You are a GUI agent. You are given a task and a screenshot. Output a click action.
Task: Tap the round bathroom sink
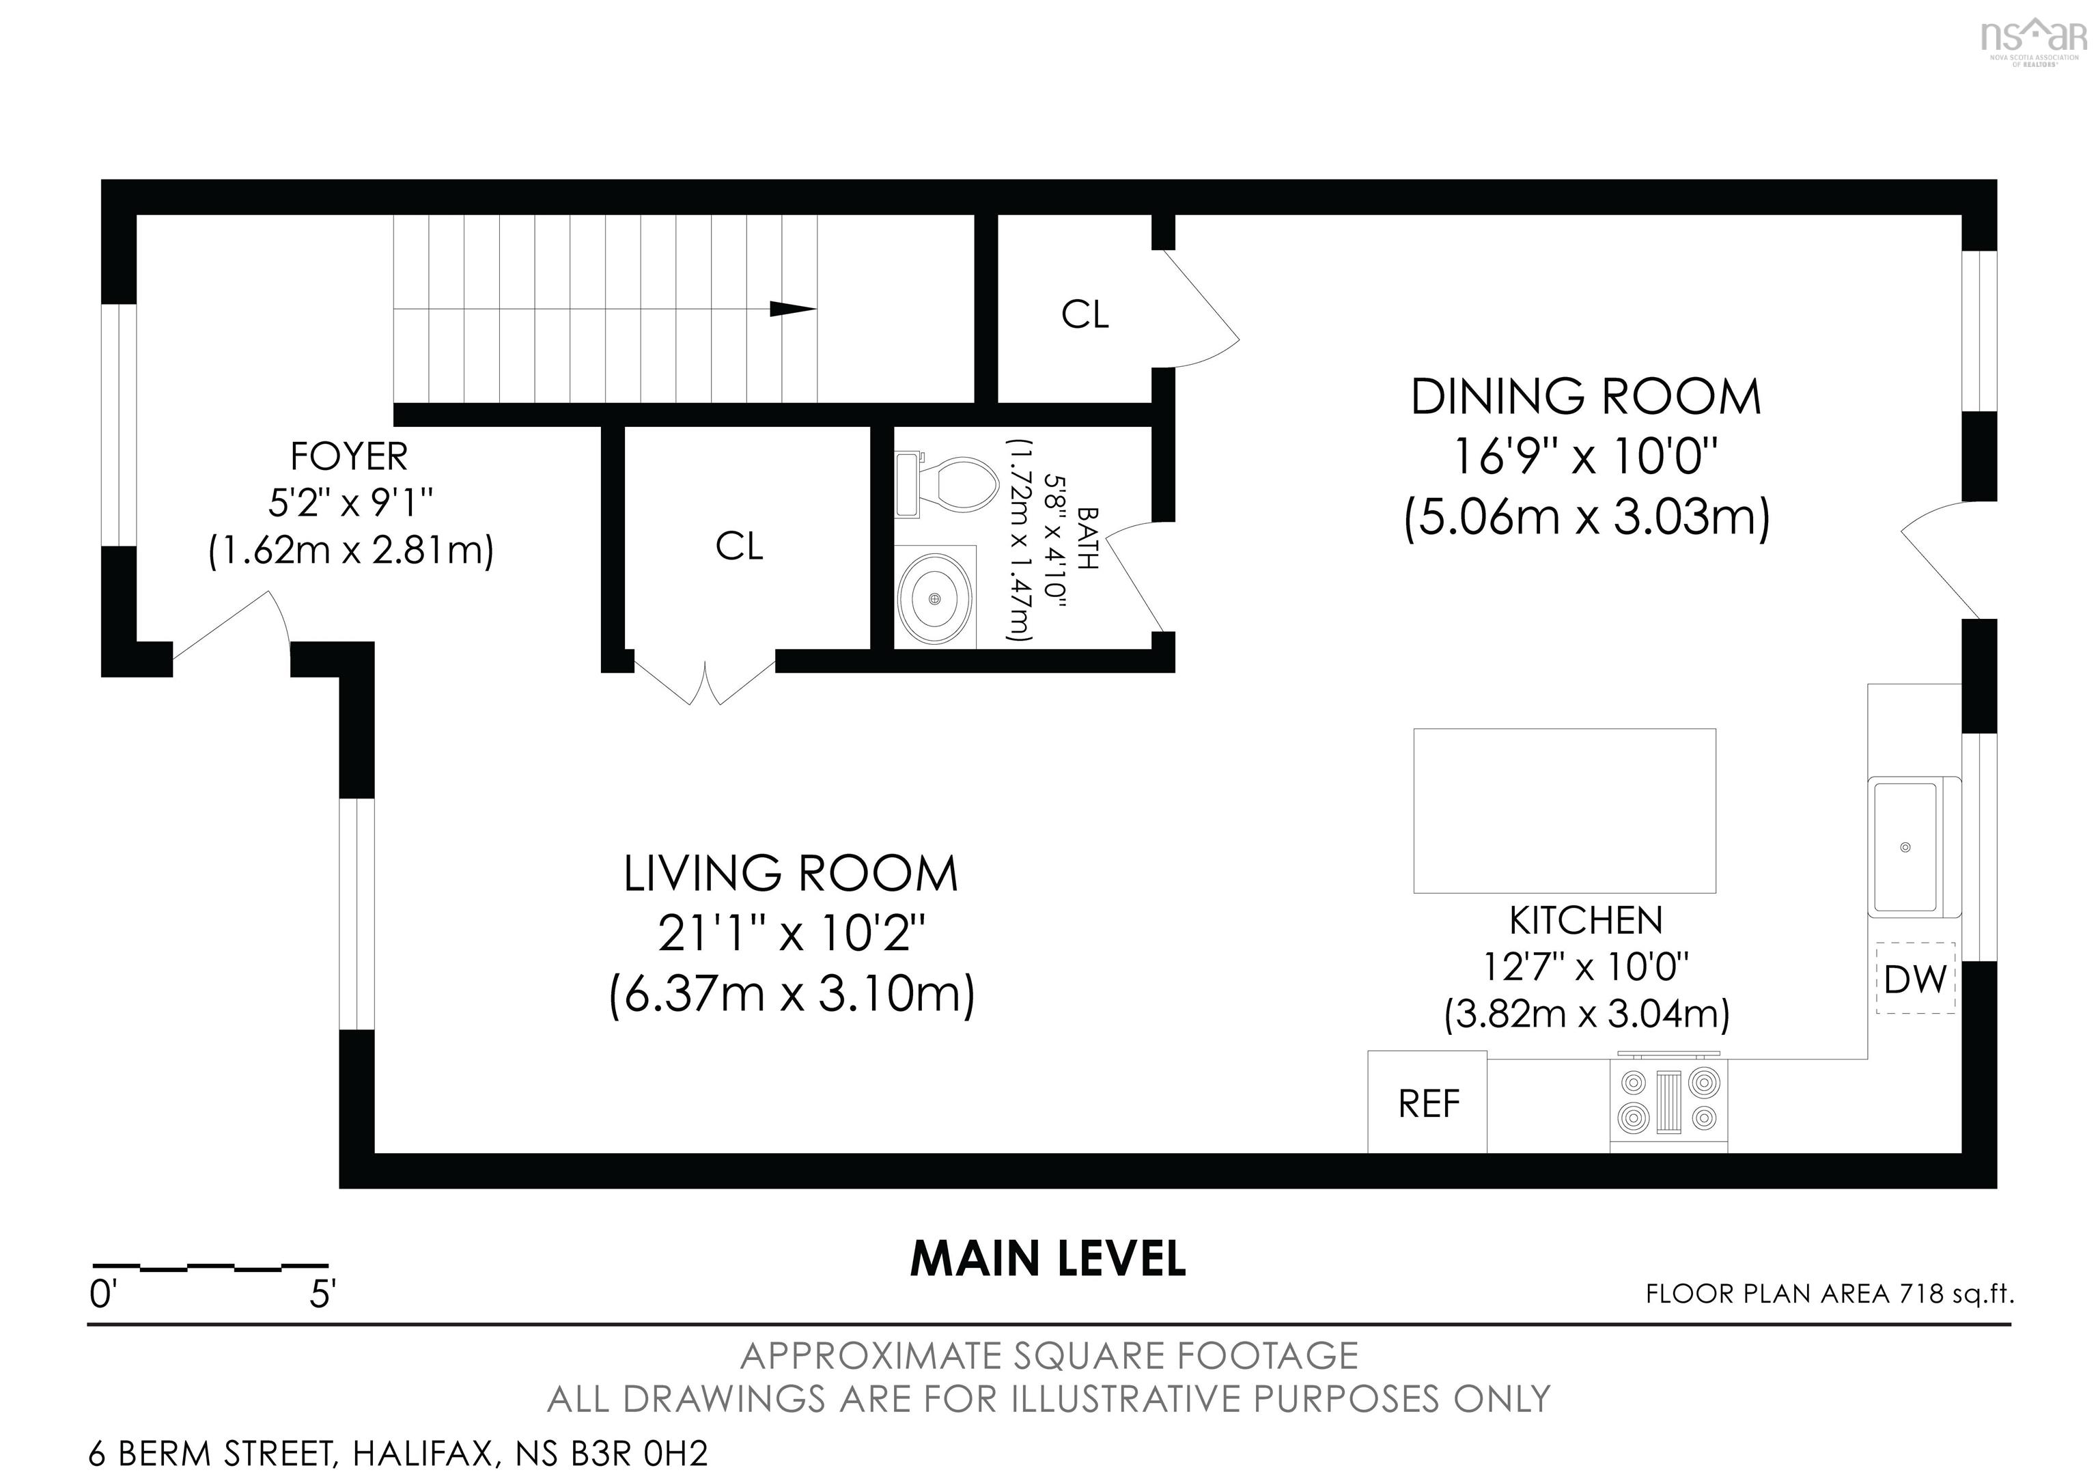tap(934, 598)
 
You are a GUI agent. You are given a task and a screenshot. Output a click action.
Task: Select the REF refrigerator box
tap(1427, 1103)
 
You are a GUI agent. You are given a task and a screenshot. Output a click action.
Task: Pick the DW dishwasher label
tap(1915, 980)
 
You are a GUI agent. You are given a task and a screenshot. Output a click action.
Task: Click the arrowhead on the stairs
tap(792, 309)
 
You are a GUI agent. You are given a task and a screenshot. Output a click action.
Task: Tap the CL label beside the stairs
tap(1085, 314)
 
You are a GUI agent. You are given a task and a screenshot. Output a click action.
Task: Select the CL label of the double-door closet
tap(738, 546)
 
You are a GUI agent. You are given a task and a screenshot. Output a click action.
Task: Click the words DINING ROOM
tap(1585, 398)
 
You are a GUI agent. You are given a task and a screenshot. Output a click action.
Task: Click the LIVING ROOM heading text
tap(790, 874)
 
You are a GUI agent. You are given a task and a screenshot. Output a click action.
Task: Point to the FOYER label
tap(349, 455)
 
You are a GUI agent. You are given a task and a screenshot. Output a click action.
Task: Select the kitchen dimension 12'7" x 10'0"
tap(1585, 966)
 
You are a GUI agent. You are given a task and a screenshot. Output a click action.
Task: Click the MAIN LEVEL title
tap(1048, 1259)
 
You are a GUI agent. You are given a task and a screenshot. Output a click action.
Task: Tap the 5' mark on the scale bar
tap(322, 1294)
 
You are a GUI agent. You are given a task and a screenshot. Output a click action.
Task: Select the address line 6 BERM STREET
tap(397, 1453)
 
